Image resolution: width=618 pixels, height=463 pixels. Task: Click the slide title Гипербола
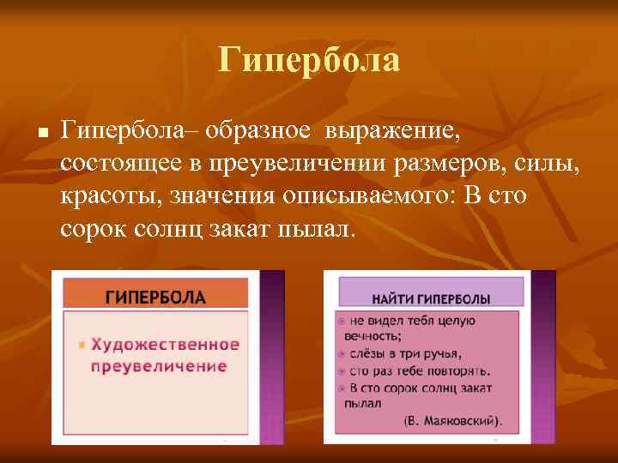tap(309, 60)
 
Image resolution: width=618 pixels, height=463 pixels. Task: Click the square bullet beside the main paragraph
tap(30, 135)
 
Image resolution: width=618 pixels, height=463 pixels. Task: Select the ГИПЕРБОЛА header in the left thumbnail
tap(155, 298)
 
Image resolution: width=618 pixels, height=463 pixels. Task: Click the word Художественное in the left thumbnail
tap(165, 345)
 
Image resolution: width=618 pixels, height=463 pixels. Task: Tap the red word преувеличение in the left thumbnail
tap(160, 365)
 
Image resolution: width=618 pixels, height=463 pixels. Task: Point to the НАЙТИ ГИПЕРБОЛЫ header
tap(431, 298)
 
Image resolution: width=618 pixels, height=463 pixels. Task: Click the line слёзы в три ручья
tap(404, 353)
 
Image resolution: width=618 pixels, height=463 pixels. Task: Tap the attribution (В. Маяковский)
tap(452, 420)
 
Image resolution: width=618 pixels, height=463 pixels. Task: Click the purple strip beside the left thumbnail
tap(272, 356)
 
